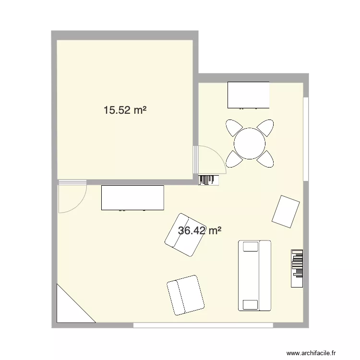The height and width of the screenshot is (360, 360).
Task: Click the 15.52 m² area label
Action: tap(125, 110)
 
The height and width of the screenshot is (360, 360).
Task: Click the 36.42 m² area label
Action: tap(199, 230)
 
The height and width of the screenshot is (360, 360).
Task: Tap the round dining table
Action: tap(250, 143)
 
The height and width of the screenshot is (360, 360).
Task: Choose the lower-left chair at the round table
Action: tap(234, 158)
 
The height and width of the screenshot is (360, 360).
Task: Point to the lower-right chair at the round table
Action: tap(265, 158)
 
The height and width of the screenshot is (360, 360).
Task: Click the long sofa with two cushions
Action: tap(254, 276)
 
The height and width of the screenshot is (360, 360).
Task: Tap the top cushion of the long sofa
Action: tap(251, 247)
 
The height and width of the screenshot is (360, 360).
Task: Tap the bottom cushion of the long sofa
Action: tap(251, 304)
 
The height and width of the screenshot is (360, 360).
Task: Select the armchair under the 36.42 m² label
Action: tap(184, 234)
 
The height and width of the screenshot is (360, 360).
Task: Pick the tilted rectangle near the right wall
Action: tap(286, 211)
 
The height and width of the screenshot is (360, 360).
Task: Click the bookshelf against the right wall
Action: tap(297, 269)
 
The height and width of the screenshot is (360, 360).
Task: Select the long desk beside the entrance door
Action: tap(132, 198)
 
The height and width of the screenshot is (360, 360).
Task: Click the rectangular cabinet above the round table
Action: tap(248, 95)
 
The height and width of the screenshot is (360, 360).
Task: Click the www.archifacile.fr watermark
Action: tap(317, 354)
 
